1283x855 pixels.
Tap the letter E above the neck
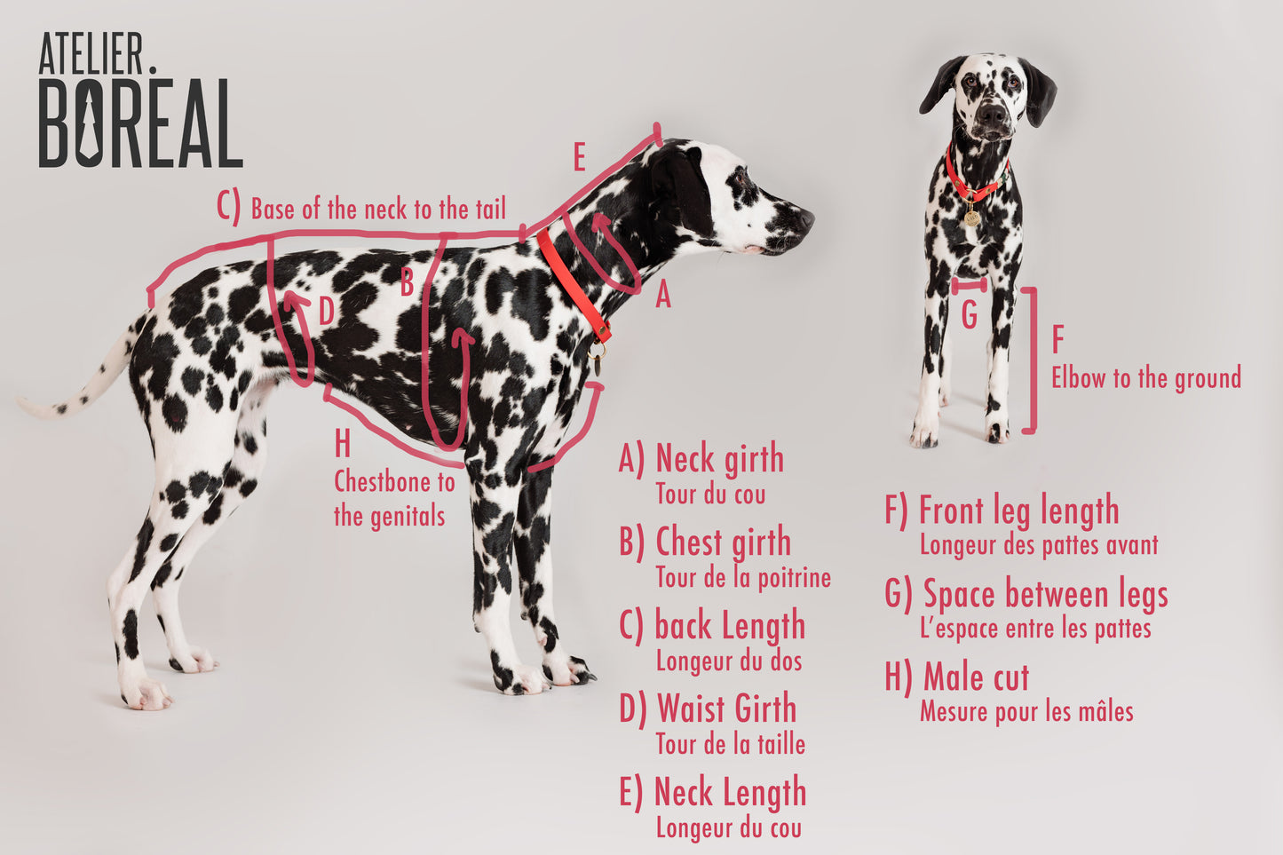(579, 158)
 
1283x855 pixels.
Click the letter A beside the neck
(662, 297)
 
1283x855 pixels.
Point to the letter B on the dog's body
(407, 283)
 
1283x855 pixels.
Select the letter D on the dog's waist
(327, 312)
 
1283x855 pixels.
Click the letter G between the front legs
(969, 314)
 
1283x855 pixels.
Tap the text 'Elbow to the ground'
(1145, 378)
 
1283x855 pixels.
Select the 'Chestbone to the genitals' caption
(392, 498)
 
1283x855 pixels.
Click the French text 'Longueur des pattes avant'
(1038, 544)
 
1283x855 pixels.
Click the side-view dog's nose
(806, 216)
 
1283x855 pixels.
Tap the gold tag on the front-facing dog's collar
(971, 216)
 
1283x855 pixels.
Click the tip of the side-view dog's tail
(25, 405)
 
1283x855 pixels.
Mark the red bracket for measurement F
(1032, 360)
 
